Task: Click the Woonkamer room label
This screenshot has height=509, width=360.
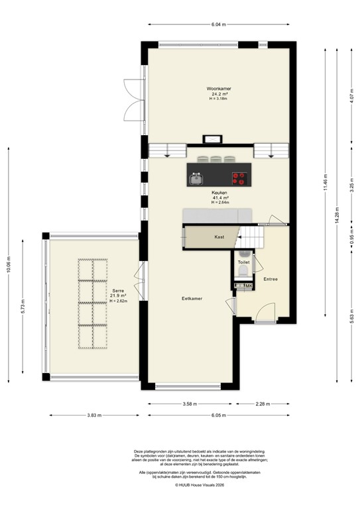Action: tap(218, 87)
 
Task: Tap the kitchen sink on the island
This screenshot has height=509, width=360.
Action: tap(196, 178)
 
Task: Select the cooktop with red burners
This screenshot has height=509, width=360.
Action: tap(239, 178)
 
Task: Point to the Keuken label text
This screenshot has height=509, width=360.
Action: tap(219, 193)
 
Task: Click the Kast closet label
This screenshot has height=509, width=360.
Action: tap(219, 237)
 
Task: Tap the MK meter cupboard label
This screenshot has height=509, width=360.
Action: tap(247, 286)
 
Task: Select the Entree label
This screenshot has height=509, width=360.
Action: tap(270, 279)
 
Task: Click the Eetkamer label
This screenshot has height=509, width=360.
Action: tap(192, 299)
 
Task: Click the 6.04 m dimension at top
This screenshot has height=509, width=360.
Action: tap(218, 25)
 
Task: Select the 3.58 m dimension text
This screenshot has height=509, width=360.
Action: tap(191, 403)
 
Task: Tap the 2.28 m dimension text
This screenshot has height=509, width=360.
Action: tap(263, 403)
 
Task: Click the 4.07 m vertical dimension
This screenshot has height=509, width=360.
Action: tap(350, 99)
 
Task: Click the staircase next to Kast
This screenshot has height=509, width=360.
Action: tap(252, 236)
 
